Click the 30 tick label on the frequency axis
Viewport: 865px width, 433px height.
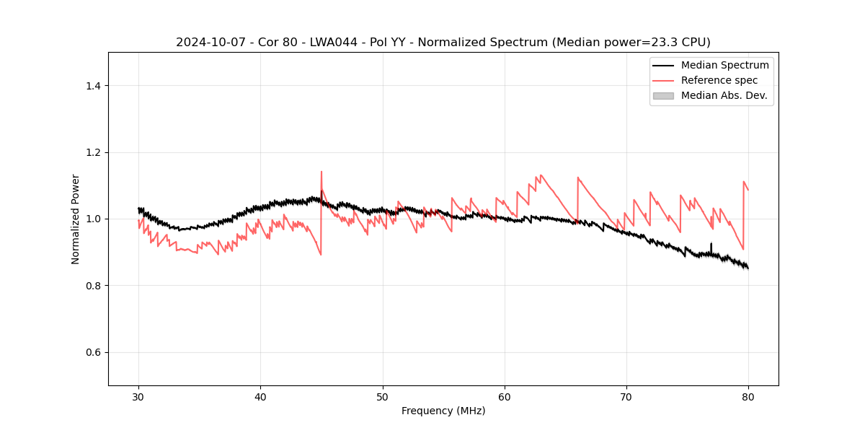click(138, 396)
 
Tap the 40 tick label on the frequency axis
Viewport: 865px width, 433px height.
click(260, 396)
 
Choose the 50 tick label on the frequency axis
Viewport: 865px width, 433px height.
click(383, 396)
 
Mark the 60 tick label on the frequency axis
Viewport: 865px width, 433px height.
click(505, 396)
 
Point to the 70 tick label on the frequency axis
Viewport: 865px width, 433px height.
click(626, 396)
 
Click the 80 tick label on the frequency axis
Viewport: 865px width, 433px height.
click(748, 396)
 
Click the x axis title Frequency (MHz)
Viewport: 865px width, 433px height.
click(443, 411)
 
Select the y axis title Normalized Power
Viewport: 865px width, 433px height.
click(76, 219)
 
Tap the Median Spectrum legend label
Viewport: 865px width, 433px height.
click(724, 65)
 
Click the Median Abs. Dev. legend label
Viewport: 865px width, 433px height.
click(724, 95)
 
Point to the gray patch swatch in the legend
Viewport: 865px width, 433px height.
click(663, 95)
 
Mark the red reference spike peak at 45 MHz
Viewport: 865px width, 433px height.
click(321, 172)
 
